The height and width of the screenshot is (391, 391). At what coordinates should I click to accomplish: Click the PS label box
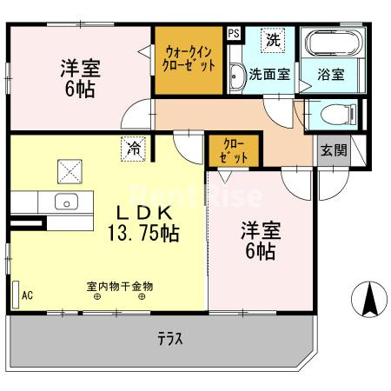pyautogui.click(x=234, y=34)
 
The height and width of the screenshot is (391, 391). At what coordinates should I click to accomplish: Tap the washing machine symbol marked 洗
pyautogui.click(x=274, y=39)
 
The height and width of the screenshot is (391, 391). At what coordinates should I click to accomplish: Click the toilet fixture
pyautogui.click(x=334, y=114)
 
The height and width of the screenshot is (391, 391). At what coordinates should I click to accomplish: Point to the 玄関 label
pyautogui.click(x=333, y=149)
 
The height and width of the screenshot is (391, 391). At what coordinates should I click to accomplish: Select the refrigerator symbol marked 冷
pyautogui.click(x=133, y=149)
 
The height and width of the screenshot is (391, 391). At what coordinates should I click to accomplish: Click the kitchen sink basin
pyautogui.click(x=65, y=203)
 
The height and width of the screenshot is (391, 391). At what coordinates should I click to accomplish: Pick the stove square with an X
pyautogui.click(x=70, y=171)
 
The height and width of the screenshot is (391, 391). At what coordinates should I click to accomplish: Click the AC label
pyautogui.click(x=27, y=295)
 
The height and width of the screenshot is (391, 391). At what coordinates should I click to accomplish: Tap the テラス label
pyautogui.click(x=170, y=339)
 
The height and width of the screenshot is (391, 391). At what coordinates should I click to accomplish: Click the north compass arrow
pyautogui.click(x=368, y=300)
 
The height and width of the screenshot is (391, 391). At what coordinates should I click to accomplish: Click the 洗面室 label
pyautogui.click(x=269, y=75)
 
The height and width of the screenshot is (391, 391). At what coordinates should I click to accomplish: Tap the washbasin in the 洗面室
pyautogui.click(x=236, y=77)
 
